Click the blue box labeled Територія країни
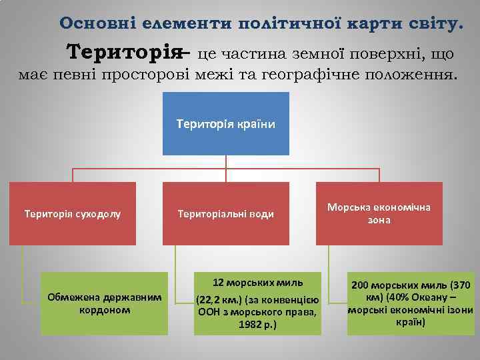[x=225, y=123]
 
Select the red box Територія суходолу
[x=72, y=214]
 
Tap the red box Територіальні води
[x=225, y=214]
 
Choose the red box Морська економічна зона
[x=378, y=213]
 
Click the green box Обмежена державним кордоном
[x=104, y=303]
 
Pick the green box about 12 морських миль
[x=258, y=303]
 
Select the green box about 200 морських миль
[x=410, y=303]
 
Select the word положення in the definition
[x=413, y=75]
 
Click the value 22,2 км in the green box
[x=215, y=300]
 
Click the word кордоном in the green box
[x=105, y=309]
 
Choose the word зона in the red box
[x=378, y=220]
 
